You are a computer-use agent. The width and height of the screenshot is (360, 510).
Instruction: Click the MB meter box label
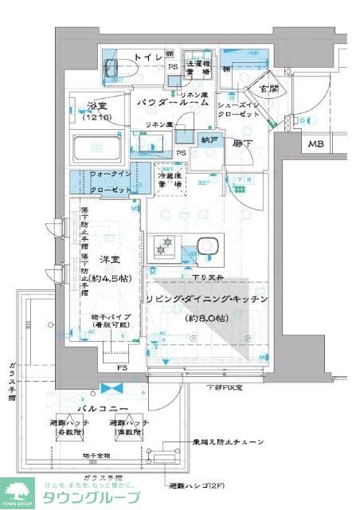tap(316, 144)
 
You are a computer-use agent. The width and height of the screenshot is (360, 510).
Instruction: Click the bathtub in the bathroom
tap(99, 148)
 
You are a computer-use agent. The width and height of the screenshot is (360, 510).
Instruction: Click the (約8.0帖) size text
tap(207, 318)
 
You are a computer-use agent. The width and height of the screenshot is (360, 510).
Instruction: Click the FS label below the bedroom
tap(122, 368)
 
